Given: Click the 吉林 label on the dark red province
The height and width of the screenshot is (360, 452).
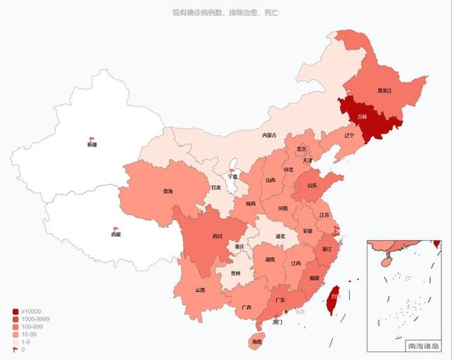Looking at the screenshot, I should pos(362,116).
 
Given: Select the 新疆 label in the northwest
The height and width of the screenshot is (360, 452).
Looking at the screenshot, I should pos(92,145).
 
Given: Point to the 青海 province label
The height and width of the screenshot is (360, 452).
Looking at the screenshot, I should pos(167,191).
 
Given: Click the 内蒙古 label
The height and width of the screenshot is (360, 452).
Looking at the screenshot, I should pos(269,135).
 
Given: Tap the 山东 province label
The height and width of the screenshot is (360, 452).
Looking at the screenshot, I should pos(311,186).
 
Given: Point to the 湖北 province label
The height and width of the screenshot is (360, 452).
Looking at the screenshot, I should pos(280,236).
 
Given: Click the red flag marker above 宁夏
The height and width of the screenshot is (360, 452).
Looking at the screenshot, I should pos(232,170).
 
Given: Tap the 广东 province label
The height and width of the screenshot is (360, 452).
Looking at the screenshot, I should pos(280,301).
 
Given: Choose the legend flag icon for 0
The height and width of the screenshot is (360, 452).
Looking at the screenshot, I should pos(16,349).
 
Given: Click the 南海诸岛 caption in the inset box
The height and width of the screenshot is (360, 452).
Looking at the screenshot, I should pos(423,346).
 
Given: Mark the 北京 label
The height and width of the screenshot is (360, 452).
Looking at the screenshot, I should pos(302,149).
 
